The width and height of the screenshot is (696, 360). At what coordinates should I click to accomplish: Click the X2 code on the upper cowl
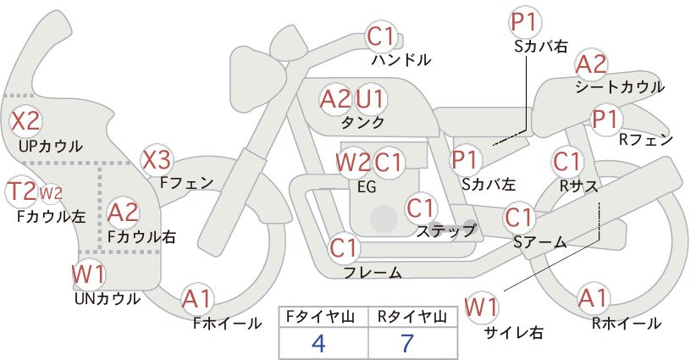point(25,121)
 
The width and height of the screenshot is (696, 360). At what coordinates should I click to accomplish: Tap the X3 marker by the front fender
point(157,160)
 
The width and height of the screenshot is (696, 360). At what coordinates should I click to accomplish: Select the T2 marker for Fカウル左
point(21,191)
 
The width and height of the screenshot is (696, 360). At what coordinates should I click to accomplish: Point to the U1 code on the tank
point(371,99)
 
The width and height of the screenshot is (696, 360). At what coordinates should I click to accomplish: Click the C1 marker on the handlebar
point(381,36)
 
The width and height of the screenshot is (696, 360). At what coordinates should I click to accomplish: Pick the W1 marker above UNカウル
point(89,274)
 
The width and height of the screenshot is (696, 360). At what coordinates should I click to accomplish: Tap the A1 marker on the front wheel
point(197,299)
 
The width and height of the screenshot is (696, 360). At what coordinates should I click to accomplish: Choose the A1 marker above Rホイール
point(594,298)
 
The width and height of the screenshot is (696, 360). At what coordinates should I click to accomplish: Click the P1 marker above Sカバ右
point(525,22)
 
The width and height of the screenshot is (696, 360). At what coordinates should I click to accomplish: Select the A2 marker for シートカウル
point(591,64)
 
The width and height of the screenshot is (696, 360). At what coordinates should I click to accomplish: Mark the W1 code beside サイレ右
point(481,307)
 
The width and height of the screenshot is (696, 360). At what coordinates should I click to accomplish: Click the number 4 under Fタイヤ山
point(318,343)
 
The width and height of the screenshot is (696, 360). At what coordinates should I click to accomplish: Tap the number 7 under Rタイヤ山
point(407,343)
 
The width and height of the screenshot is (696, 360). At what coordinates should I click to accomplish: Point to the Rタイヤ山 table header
point(412,317)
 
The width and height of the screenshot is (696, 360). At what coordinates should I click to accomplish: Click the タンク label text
point(362,122)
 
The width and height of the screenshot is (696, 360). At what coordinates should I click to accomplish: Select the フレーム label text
point(373,272)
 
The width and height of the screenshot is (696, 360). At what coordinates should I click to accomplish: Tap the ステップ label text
point(445,230)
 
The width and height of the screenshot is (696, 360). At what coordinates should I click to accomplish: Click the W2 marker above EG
point(353,163)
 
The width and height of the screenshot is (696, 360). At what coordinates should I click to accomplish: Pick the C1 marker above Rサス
point(566,162)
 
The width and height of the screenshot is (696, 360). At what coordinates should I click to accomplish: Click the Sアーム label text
point(540,242)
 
